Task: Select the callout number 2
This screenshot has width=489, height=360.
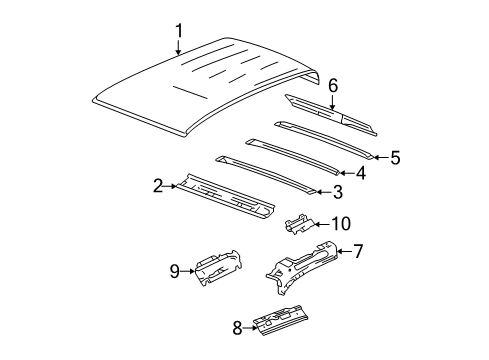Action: pyautogui.click(x=158, y=184)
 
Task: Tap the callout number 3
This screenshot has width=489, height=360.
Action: pyautogui.click(x=339, y=192)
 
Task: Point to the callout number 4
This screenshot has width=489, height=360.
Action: pyautogui.click(x=361, y=172)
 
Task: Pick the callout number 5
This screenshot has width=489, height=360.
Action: pyautogui.click(x=395, y=157)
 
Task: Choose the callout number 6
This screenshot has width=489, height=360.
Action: pyautogui.click(x=333, y=88)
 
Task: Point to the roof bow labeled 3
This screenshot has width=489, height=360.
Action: pyautogui.click(x=270, y=174)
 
